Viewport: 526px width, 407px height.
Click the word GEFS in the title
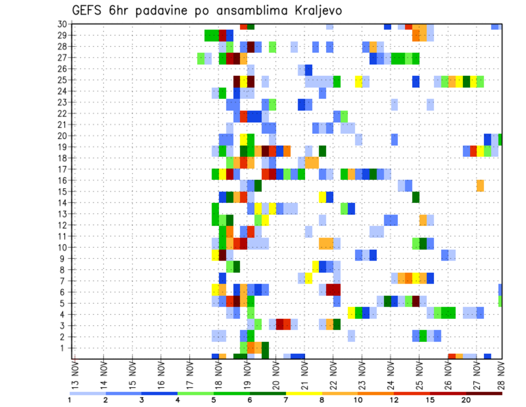coord(89,11)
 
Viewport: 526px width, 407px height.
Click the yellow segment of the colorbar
coord(304,393)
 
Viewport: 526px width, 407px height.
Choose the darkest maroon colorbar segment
coord(484,393)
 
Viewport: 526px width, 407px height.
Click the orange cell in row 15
coord(480,185)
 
